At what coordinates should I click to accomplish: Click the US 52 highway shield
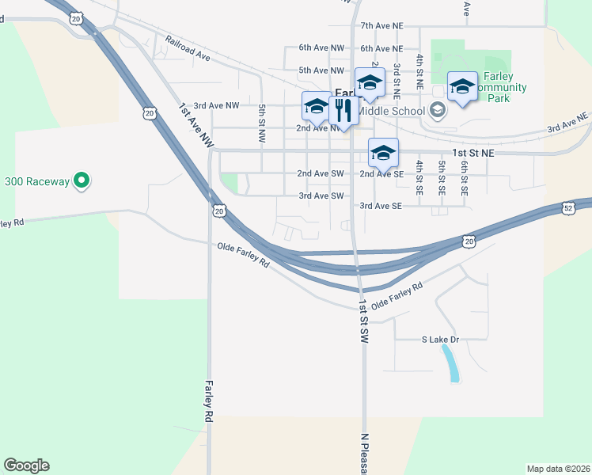coord(568,207)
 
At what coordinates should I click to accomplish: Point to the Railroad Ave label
coord(187,48)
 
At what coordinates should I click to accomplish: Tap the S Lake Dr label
coord(440,340)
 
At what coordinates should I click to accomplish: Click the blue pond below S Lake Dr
coord(451,363)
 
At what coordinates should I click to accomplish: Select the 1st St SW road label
coord(363,321)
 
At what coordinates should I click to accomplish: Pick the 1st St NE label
coord(472,151)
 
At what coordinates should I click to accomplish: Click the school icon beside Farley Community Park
coord(462,86)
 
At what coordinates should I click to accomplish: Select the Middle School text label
coord(392,111)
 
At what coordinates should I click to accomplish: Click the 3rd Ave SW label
coord(321,196)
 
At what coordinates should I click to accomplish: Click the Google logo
coord(26,465)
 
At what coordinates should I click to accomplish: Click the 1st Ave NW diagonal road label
coord(196,125)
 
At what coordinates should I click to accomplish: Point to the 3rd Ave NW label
coord(216,105)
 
